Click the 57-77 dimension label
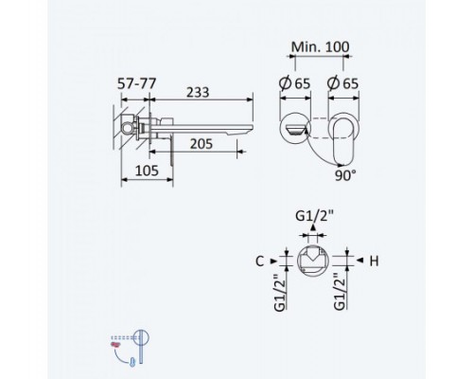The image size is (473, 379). pyautogui.click(x=137, y=83)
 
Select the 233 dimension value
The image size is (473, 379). pyautogui.click(x=198, y=92)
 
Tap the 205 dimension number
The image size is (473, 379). pyautogui.click(x=201, y=144)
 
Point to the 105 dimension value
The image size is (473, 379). pyautogui.click(x=147, y=171)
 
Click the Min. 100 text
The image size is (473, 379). pyautogui.click(x=320, y=47)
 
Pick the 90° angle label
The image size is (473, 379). pyautogui.click(x=345, y=175)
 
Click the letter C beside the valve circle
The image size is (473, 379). pyautogui.click(x=259, y=262)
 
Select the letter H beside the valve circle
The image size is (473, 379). pyautogui.click(x=374, y=262)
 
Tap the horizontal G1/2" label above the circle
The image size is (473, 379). pyautogui.click(x=314, y=216)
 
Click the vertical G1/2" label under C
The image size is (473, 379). pyautogui.click(x=280, y=291)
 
